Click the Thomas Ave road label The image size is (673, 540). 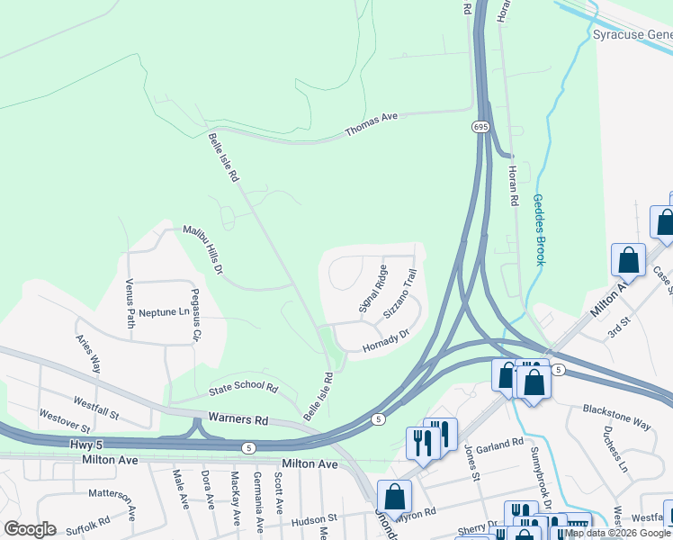point(372,126)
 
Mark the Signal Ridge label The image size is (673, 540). point(373,288)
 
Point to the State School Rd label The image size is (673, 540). point(244,388)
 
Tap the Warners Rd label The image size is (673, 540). point(238,418)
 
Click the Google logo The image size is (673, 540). point(30,529)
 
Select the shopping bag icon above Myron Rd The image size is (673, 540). point(394,497)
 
